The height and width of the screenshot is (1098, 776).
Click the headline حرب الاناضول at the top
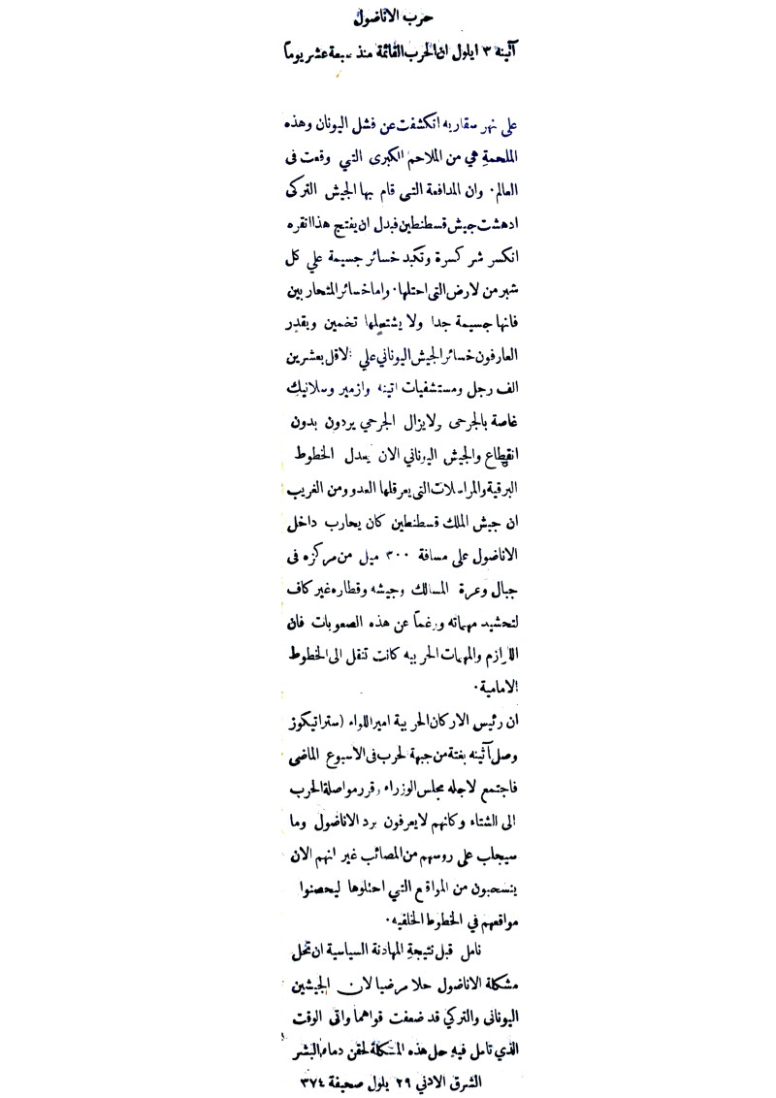tap(389, 17)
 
